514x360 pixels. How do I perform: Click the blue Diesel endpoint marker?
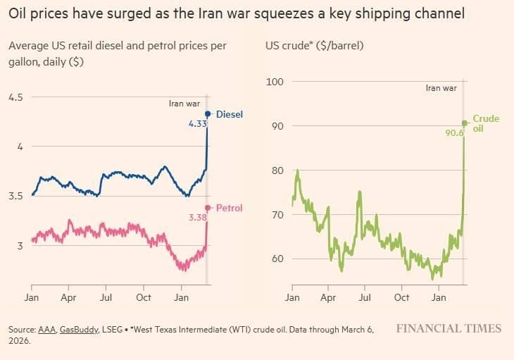click(x=208, y=114)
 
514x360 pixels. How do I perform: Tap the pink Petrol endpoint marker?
click(x=208, y=208)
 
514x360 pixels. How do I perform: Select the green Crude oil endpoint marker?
click(x=465, y=123)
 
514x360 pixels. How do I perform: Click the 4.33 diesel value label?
click(x=198, y=123)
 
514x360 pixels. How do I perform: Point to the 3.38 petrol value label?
click(x=198, y=218)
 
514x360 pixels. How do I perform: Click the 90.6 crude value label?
click(x=454, y=132)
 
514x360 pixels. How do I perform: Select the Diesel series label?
click(x=230, y=114)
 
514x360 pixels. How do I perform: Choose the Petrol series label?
click(x=230, y=208)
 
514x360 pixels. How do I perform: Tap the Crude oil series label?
click(x=486, y=123)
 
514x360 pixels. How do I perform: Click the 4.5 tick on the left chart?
click(x=15, y=97)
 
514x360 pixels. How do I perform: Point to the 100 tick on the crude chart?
click(x=275, y=82)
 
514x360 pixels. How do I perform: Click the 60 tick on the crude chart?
click(x=277, y=259)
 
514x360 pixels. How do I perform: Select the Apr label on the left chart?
click(x=68, y=298)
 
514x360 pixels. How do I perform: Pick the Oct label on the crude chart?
click(x=401, y=297)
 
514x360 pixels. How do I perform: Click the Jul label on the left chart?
click(x=106, y=297)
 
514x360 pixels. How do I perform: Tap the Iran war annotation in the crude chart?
click(x=441, y=88)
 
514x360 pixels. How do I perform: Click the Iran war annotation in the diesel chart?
click(x=184, y=104)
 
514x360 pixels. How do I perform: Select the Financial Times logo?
click(x=449, y=328)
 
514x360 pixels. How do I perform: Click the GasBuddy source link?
click(x=79, y=330)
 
